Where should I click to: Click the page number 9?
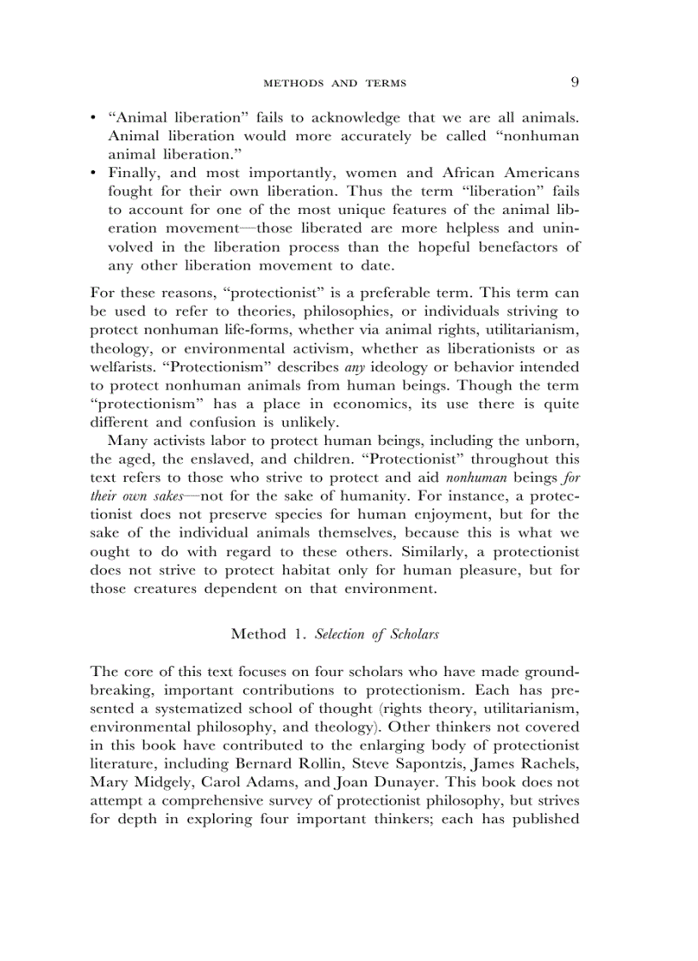click(x=575, y=82)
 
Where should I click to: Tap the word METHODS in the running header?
click(x=293, y=84)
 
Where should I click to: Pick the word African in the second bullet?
click(x=450, y=173)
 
